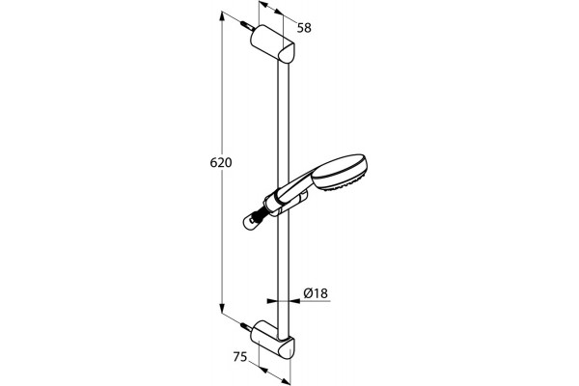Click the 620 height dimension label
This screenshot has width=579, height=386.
221,162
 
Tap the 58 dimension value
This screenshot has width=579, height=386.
304,28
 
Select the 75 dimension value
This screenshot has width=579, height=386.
240,357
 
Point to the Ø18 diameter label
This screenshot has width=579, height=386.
316,293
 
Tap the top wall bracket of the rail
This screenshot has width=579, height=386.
272,45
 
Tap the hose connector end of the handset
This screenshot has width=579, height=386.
253,222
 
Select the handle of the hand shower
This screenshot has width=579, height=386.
295,187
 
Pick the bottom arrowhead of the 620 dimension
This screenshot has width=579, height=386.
222,308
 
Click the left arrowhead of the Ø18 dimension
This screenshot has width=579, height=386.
272,301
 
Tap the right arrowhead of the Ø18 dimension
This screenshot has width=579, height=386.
294,301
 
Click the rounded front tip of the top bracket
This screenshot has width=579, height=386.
288,54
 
